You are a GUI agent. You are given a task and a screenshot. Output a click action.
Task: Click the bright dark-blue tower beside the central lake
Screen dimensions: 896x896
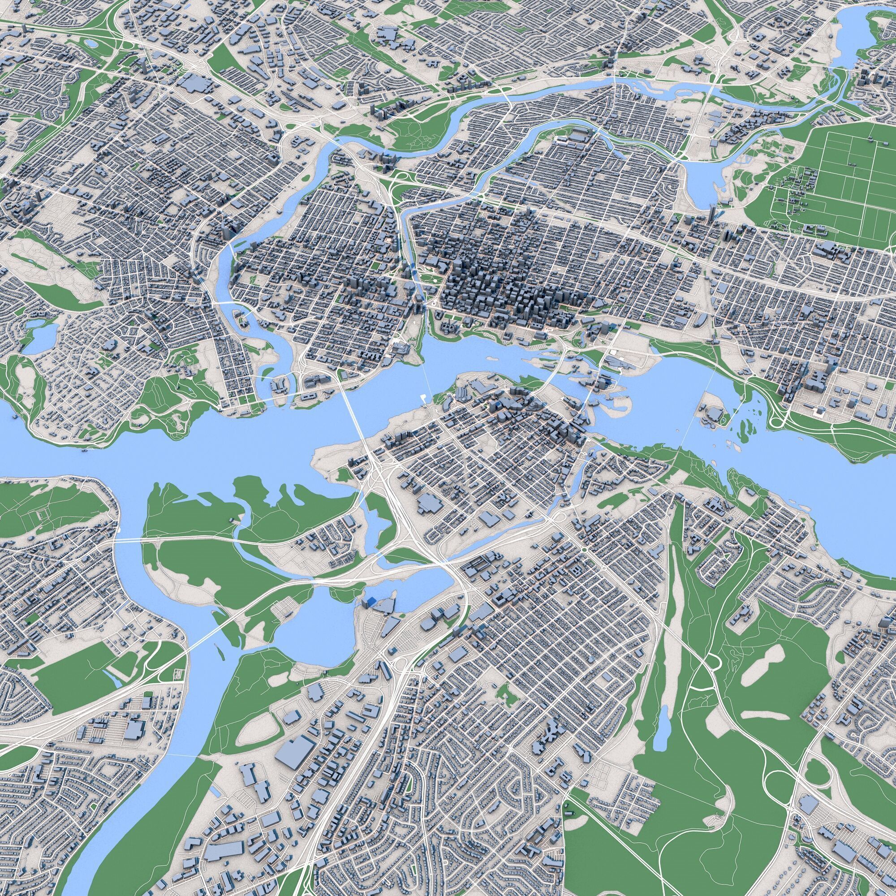[x=370, y=602]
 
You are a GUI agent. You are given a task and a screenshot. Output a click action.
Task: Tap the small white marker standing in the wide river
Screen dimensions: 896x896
[x=422, y=397]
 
